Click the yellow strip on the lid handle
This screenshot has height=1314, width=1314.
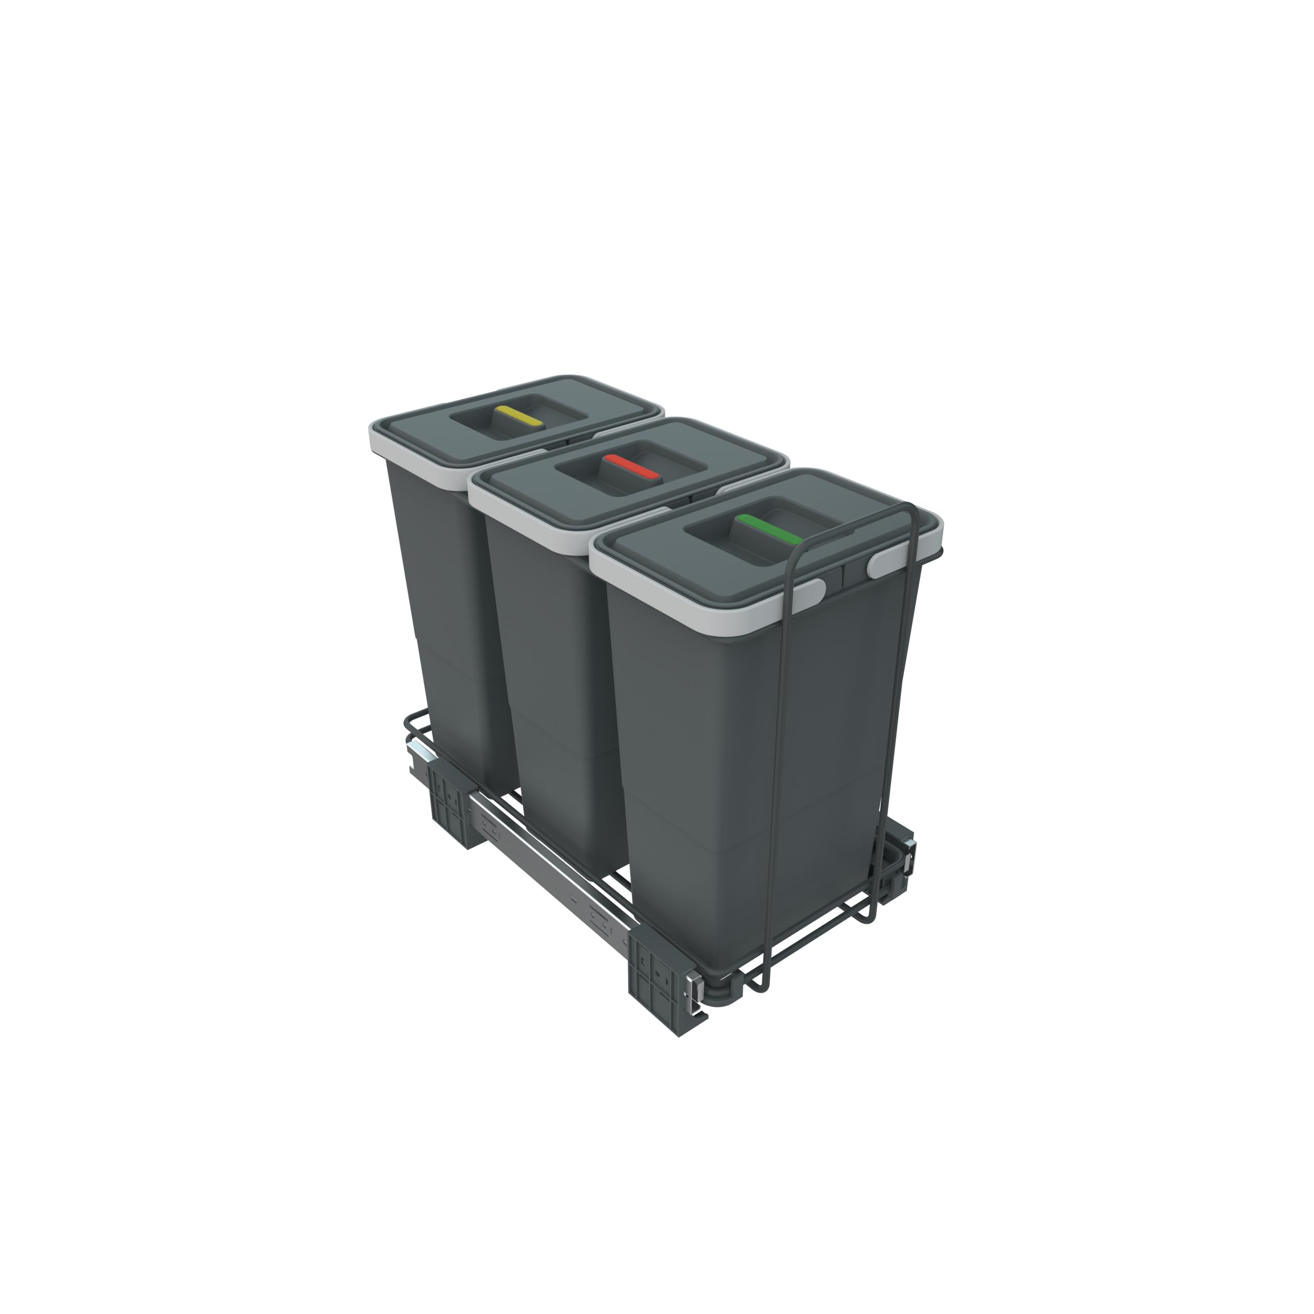tap(519, 416)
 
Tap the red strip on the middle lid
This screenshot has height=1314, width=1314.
tap(632, 467)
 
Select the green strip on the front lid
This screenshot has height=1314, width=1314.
tap(768, 529)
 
